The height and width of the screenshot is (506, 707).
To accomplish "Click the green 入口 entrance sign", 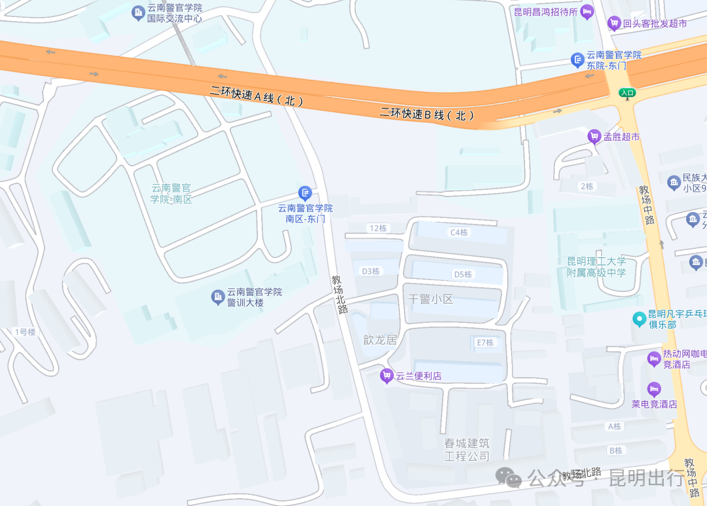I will (x=627, y=93).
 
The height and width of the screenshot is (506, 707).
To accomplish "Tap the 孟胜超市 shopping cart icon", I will (x=594, y=137).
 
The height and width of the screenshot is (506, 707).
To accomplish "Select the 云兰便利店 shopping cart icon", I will (x=387, y=376).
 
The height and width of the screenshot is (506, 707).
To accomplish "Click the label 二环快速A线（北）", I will (x=257, y=97).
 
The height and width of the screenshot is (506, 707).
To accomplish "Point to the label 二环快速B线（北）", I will (x=427, y=114).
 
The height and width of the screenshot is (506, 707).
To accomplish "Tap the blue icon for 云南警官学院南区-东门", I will (x=305, y=192).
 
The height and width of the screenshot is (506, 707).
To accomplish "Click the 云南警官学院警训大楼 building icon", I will (x=218, y=298).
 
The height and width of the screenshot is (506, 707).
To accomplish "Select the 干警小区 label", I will (x=430, y=299).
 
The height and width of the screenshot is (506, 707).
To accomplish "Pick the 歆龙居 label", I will (x=380, y=340).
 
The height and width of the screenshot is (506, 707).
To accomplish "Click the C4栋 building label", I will (x=459, y=232).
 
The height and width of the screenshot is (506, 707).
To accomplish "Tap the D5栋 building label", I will (x=463, y=274).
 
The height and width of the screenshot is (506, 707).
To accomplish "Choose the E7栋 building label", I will (x=484, y=342).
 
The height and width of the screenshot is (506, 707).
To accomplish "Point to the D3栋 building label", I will (x=371, y=271).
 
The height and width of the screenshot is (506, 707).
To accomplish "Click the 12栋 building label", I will (x=378, y=228).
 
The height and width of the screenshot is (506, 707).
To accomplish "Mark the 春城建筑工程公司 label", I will (x=467, y=450).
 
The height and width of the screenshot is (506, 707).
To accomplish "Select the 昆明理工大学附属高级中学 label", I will (x=596, y=266).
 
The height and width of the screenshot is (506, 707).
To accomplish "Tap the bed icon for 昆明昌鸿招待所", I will (x=587, y=11).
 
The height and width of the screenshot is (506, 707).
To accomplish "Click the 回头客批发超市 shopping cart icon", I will (x=614, y=24).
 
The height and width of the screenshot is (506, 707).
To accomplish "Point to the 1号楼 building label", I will (x=25, y=332).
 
